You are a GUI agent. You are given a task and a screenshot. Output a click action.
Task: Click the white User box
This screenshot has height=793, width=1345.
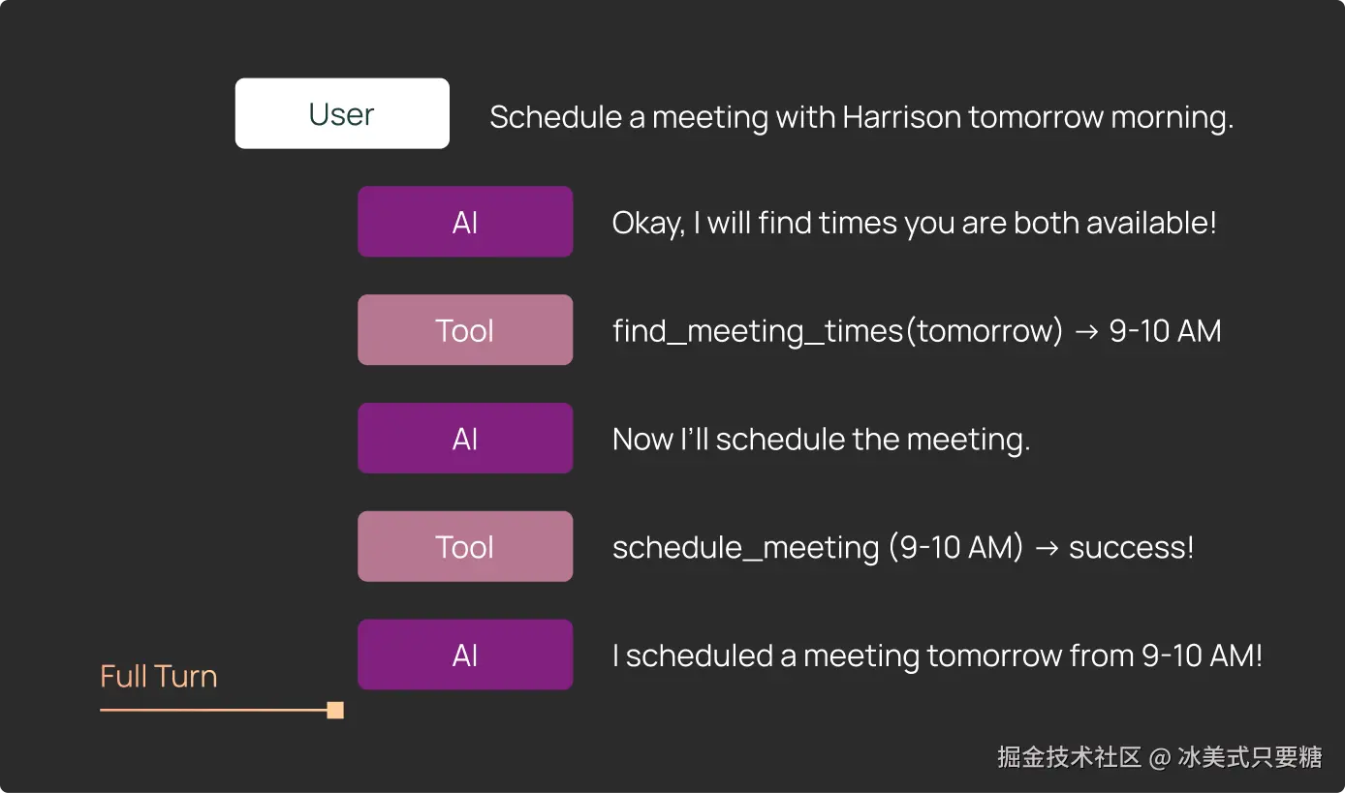point(342,113)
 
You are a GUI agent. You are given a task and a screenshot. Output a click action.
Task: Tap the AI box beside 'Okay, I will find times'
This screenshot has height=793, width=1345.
point(465,222)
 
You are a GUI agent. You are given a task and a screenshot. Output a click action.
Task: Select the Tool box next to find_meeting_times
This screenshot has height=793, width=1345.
point(465,330)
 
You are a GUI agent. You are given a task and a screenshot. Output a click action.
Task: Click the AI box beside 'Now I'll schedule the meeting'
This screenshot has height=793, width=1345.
point(465,438)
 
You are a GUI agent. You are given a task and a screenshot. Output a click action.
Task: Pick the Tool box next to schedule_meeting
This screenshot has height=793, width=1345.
point(465,546)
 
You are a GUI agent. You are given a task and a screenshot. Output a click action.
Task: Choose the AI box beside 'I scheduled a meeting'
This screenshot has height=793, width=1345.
point(465,655)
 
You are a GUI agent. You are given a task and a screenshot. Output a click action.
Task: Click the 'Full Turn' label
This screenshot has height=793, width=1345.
point(159,676)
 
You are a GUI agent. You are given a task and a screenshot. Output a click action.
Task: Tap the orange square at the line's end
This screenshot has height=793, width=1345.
point(335,711)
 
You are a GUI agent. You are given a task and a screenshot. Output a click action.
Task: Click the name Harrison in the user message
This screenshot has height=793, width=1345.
point(901,116)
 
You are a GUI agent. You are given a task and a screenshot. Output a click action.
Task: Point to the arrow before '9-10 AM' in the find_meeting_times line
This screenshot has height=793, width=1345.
point(1085,332)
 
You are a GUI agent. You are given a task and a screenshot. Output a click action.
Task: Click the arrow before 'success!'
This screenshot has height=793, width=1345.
point(1047,548)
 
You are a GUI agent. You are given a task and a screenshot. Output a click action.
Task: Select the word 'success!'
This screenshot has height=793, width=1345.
point(1131,548)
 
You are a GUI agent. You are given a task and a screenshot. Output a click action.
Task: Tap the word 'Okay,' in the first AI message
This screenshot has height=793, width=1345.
point(648,223)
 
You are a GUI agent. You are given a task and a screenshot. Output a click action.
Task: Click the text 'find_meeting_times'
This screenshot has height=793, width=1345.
point(758,331)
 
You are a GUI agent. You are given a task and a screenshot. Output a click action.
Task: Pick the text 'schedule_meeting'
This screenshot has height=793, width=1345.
point(746,548)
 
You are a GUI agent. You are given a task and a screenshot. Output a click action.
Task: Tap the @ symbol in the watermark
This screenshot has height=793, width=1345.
point(1160,758)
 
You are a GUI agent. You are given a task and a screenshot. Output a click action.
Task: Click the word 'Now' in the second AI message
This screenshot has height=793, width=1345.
point(643,439)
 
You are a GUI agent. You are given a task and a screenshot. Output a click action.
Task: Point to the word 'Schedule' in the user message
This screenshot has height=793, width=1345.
point(555,116)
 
